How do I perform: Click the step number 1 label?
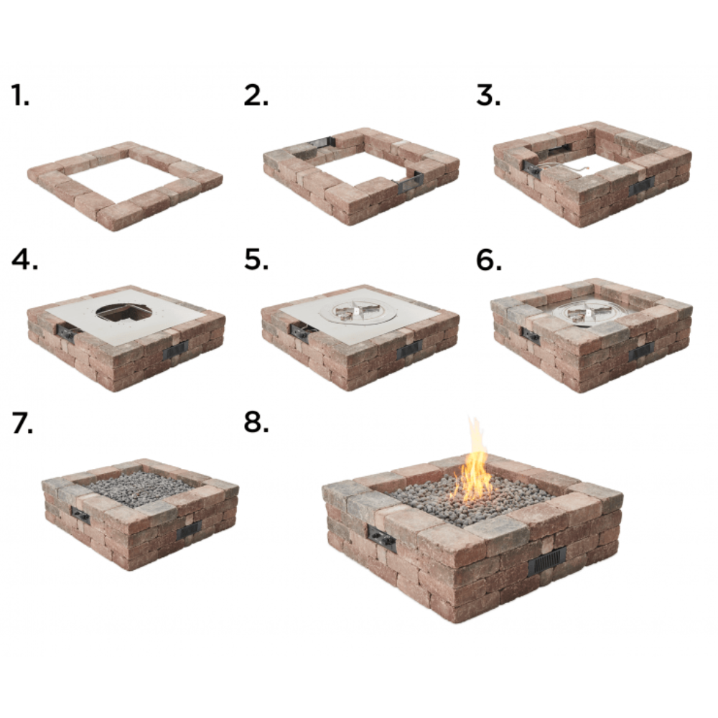coord(20,95)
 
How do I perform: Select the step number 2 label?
coord(256,95)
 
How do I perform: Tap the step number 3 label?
coord(489,95)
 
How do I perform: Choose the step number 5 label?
coord(256,260)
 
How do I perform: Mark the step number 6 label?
coord(489,260)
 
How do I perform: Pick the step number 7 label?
coord(22,424)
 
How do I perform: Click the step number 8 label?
coord(256,424)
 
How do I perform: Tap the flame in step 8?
coord(474,467)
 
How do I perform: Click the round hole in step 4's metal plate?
coord(123,311)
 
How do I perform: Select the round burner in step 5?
coord(359,312)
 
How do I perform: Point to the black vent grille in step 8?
coord(547,561)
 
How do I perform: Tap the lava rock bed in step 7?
coord(139,488)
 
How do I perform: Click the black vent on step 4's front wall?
coord(175,350)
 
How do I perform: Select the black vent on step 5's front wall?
coord(410,350)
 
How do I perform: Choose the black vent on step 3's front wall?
coord(641,186)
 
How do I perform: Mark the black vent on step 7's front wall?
coord(189,531)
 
